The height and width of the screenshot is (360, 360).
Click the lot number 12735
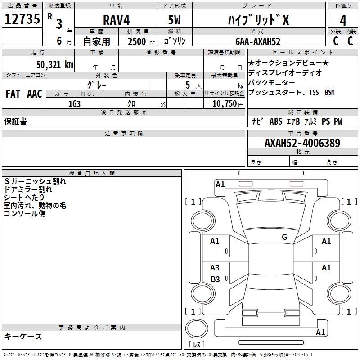click(x=22, y=19)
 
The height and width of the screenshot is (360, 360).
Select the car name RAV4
click(x=116, y=20)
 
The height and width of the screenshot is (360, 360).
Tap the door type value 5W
click(x=174, y=20)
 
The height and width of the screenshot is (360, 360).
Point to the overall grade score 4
click(x=343, y=21)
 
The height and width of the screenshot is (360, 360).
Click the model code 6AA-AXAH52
click(x=258, y=41)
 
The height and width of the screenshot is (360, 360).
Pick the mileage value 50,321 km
click(x=55, y=65)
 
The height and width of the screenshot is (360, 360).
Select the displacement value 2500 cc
click(x=141, y=41)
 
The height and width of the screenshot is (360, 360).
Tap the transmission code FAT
click(x=13, y=94)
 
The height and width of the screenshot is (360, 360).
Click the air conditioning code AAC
click(x=35, y=94)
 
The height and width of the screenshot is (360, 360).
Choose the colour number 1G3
click(x=74, y=104)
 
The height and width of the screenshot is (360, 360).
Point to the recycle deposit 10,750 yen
click(x=228, y=104)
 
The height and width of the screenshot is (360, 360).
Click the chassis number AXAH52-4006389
click(x=302, y=143)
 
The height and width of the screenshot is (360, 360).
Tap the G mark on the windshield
click(x=284, y=237)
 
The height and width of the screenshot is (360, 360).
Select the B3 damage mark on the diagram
click(x=215, y=279)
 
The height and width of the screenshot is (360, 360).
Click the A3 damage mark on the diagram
click(x=215, y=267)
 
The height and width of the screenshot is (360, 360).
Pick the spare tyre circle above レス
click(x=197, y=328)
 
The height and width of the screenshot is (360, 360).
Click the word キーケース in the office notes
click(x=23, y=336)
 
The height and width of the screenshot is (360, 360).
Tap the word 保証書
click(x=15, y=121)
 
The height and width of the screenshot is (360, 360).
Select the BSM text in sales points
click(x=329, y=92)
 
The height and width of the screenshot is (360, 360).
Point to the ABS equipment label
click(x=276, y=121)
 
